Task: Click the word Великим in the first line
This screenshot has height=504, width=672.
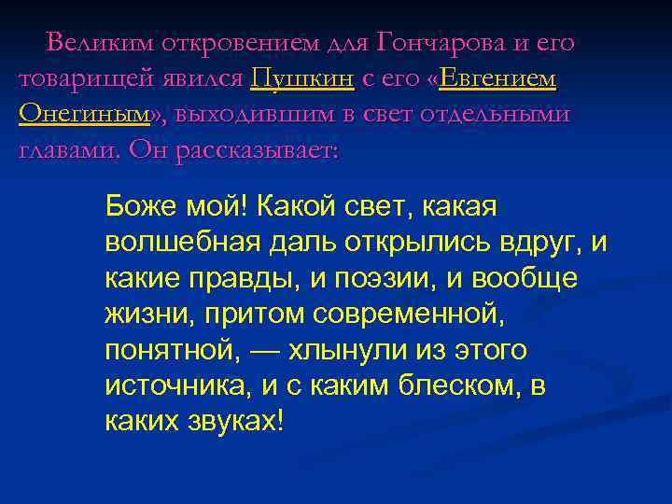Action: pyautogui.click(x=100, y=43)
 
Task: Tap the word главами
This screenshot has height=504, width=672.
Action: pyautogui.click(x=68, y=149)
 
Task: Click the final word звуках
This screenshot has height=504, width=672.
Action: pyautogui.click(x=234, y=421)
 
